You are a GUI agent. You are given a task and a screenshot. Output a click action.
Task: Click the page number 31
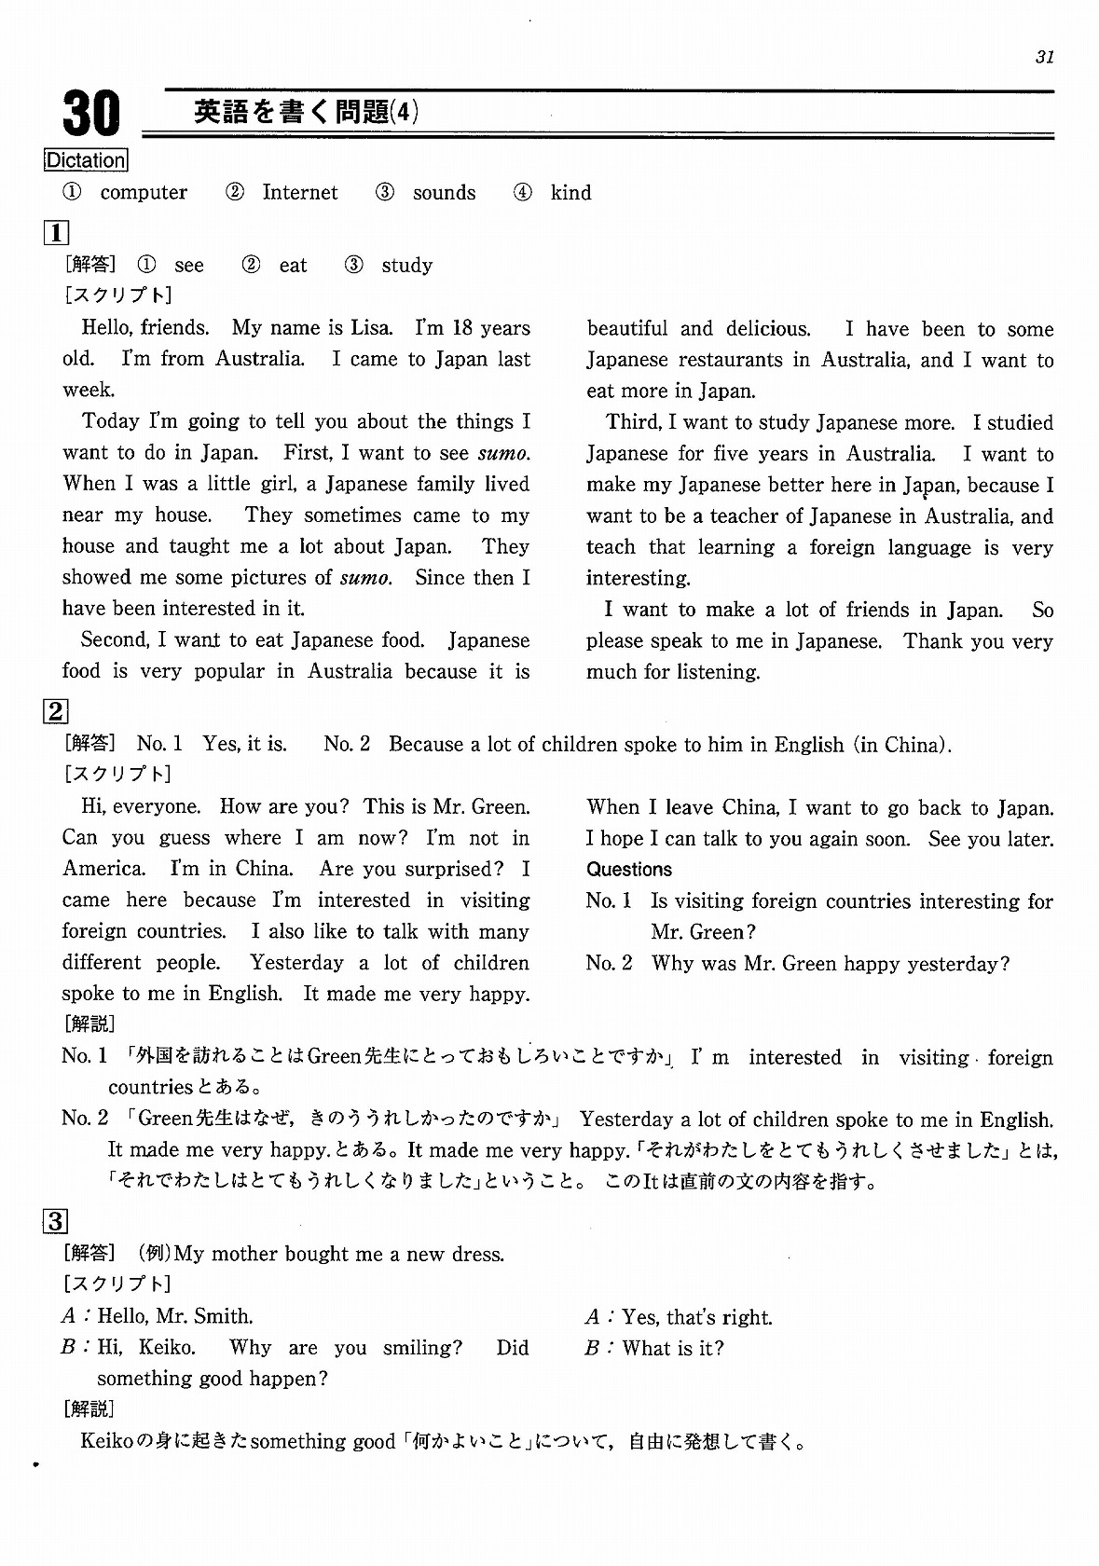[1044, 57]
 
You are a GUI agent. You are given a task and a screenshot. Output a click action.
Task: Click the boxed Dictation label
[86, 160]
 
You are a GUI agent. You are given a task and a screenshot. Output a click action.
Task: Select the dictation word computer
[144, 193]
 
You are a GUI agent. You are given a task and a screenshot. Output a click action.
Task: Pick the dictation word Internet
[300, 193]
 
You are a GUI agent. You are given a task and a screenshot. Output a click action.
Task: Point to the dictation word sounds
[444, 193]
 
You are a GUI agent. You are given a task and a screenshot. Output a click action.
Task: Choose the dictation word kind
[570, 193]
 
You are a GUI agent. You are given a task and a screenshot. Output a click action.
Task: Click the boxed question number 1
[56, 231]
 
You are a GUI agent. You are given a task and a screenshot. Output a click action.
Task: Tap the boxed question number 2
[56, 711]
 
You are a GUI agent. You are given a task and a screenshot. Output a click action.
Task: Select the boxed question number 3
[56, 1220]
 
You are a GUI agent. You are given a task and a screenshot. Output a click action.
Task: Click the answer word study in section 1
[407, 266]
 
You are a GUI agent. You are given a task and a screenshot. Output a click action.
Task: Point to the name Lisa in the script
[371, 328]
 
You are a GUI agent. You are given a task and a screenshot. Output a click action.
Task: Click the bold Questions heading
[629, 870]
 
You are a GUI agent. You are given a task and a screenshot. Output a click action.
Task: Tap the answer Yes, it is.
[245, 744]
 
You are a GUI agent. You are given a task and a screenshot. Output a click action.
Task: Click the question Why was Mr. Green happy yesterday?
[831, 963]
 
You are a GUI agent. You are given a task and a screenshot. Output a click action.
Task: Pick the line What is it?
[673, 1348]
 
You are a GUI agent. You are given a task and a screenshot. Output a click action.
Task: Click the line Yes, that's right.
[697, 1317]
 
